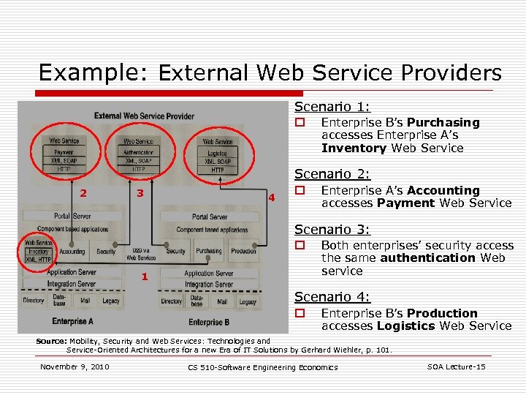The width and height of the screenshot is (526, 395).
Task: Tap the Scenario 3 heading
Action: [332, 230]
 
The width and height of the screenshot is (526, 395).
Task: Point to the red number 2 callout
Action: [84, 193]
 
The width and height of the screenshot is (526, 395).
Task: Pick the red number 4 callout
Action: [271, 197]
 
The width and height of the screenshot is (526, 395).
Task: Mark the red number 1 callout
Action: [145, 277]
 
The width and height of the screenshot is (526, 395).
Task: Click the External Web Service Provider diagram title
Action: [144, 116]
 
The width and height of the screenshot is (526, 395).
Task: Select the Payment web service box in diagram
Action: [64, 152]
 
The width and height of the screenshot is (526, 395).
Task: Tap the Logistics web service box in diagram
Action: [217, 153]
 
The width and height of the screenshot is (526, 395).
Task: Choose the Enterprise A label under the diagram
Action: [72, 321]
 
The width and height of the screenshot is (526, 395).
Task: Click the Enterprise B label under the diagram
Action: [209, 322]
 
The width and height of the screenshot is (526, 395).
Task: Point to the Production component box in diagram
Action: [243, 251]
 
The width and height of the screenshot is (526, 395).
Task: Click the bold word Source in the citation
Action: [51, 341]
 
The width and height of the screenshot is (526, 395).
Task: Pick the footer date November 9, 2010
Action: [75, 366]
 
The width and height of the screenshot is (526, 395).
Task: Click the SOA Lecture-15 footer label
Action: [455, 366]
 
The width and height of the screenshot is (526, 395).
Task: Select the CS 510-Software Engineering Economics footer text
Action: [263, 367]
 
